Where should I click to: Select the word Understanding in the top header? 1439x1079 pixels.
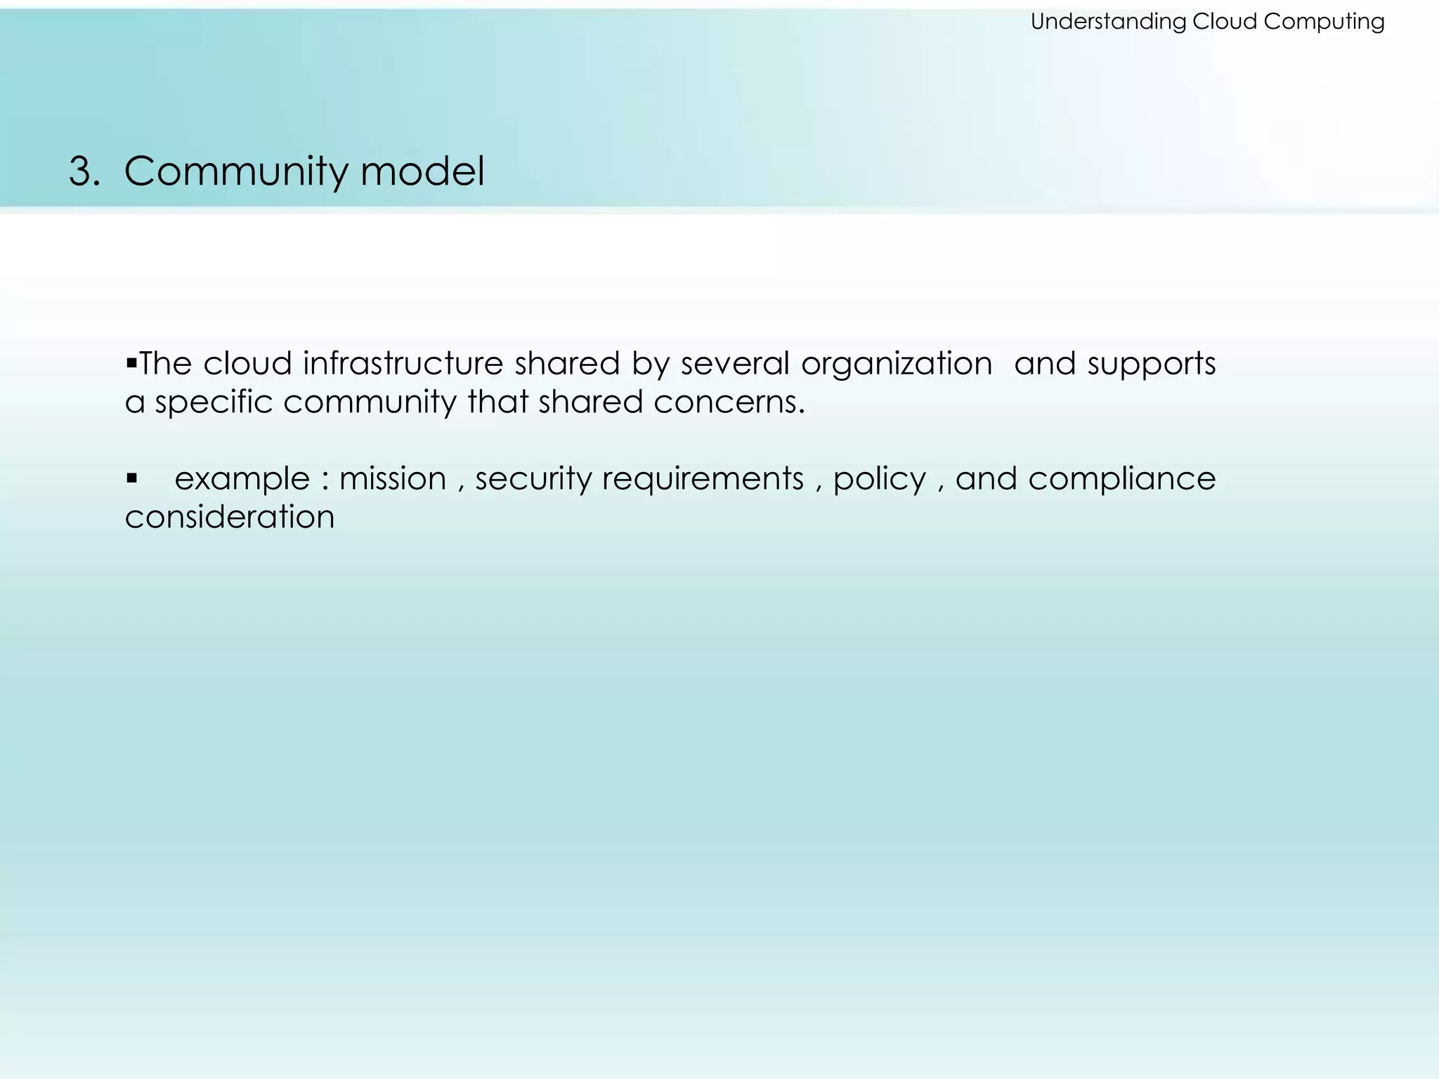1108,22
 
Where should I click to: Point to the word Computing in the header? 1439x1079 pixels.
1324,22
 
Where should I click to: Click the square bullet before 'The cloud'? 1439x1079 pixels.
131,363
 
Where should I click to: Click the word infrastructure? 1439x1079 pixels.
403,364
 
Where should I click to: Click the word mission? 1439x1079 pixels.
393,479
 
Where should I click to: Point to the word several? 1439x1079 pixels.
735,364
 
